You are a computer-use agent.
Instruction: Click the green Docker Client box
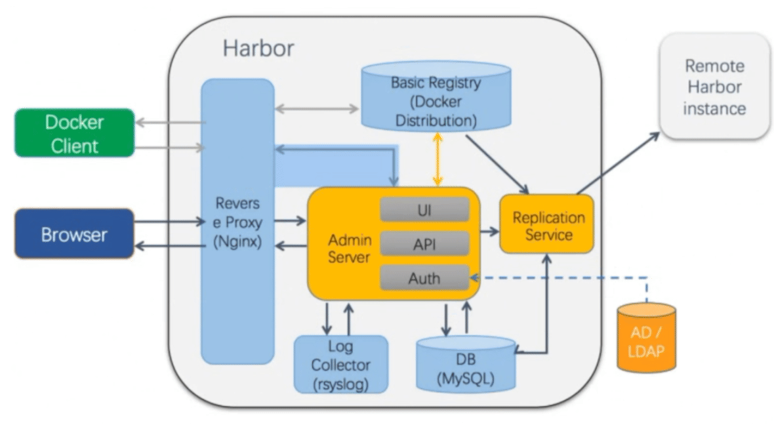[x=74, y=133]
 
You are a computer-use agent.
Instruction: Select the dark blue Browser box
[x=74, y=234]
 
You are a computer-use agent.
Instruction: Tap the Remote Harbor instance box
[x=714, y=86]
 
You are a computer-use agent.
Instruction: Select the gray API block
[x=424, y=244]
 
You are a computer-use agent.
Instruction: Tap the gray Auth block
[x=424, y=277]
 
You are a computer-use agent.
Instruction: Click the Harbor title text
[x=258, y=49]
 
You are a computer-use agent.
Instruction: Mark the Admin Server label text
[x=349, y=248]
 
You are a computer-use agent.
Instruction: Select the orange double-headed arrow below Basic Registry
[x=436, y=157]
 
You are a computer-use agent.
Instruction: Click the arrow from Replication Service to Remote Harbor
[x=619, y=163]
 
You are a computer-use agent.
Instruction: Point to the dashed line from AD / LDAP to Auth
[x=564, y=277]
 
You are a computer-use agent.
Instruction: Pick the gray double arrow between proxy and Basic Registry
[x=317, y=106]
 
